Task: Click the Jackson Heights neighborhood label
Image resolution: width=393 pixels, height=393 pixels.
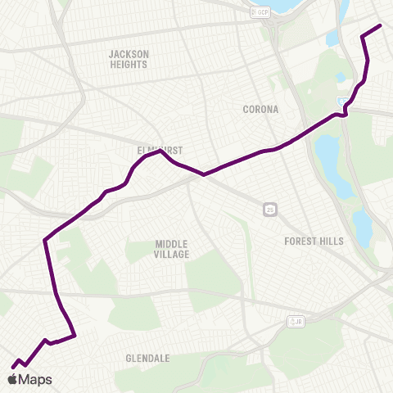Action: pos(129,59)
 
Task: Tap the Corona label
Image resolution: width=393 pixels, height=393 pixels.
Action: pos(260,109)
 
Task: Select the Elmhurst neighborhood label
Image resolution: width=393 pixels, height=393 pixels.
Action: pos(160,151)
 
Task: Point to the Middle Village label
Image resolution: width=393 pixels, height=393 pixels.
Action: pos(172,249)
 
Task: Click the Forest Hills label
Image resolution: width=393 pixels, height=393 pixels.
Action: pos(314,242)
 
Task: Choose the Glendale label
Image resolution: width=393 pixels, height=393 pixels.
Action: pos(147,359)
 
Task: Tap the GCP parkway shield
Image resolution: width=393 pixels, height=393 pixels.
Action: pos(260,11)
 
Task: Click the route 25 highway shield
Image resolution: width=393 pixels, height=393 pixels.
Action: pos(269,210)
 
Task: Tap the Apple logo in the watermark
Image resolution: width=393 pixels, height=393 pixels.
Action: pos(11,379)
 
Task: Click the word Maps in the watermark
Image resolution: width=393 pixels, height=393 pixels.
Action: pos(35,380)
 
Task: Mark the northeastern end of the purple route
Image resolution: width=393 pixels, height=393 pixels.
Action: pos(381,25)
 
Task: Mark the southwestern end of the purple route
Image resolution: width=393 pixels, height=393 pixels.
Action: pos(12,366)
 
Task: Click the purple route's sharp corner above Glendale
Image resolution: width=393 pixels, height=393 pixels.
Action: pos(75,335)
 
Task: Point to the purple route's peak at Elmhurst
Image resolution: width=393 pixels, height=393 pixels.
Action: pos(160,151)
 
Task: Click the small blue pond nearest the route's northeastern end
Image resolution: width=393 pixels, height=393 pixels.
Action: pos(332,38)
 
